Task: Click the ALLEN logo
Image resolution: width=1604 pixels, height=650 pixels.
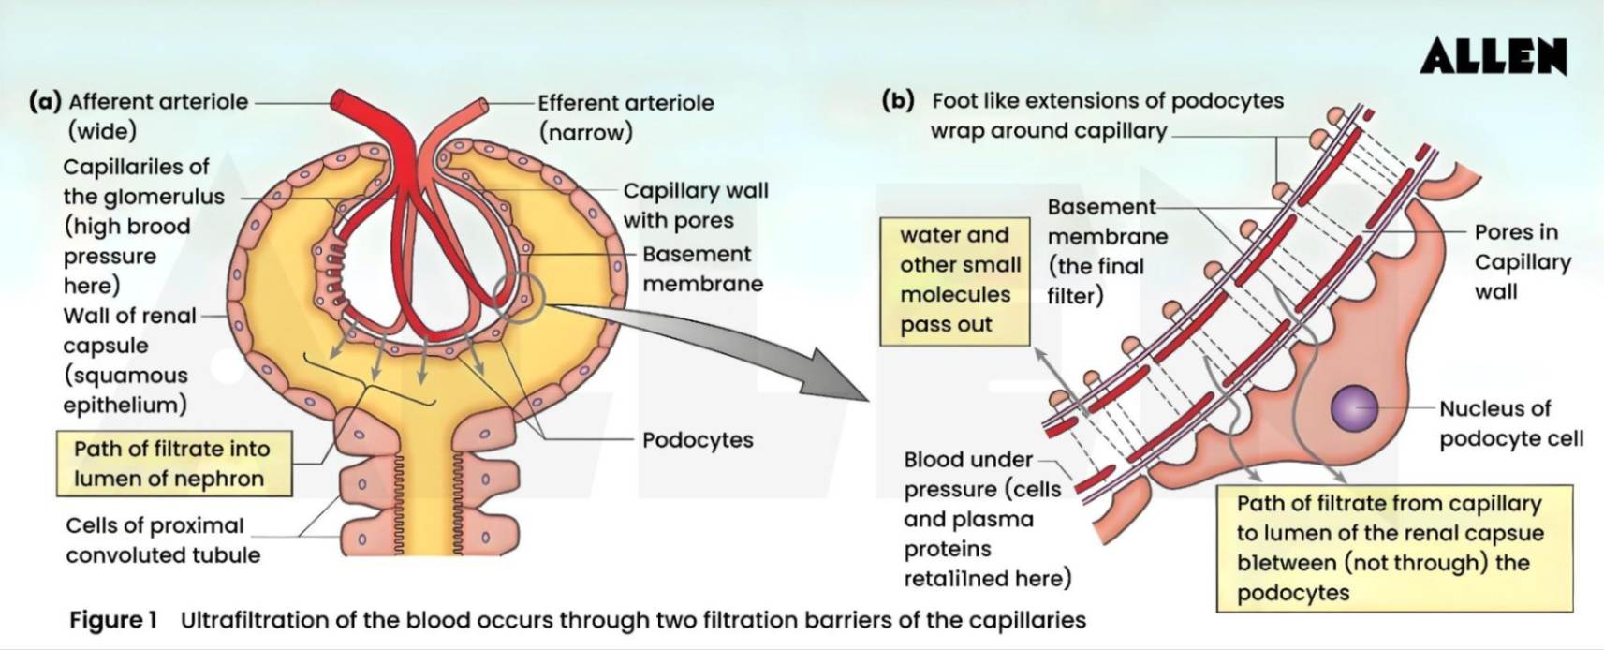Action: click(x=1493, y=57)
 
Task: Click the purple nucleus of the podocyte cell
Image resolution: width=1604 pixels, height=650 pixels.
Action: click(x=1354, y=408)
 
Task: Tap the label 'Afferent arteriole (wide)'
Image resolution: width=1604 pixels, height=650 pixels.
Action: click(x=157, y=115)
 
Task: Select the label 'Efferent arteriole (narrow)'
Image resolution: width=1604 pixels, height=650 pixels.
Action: click(x=625, y=117)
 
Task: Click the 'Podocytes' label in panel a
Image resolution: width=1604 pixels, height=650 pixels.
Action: click(x=698, y=440)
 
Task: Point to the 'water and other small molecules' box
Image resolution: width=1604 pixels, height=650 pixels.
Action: click(x=954, y=279)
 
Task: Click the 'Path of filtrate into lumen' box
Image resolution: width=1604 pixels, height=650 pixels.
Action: click(x=172, y=464)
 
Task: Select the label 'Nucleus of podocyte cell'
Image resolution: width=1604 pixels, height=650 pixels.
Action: click(x=1509, y=423)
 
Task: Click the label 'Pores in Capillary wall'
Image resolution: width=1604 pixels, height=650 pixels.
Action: click(x=1521, y=261)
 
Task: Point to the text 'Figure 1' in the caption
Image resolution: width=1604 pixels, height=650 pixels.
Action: click(x=112, y=620)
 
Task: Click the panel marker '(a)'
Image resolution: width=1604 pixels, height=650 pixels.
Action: click(x=45, y=101)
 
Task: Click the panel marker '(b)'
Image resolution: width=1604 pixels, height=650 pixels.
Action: click(x=898, y=100)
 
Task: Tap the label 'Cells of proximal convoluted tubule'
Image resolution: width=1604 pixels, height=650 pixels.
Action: click(x=162, y=539)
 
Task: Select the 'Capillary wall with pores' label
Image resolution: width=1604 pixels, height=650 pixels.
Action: click(x=695, y=205)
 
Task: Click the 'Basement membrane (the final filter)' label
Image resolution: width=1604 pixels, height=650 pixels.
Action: click(x=1106, y=251)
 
